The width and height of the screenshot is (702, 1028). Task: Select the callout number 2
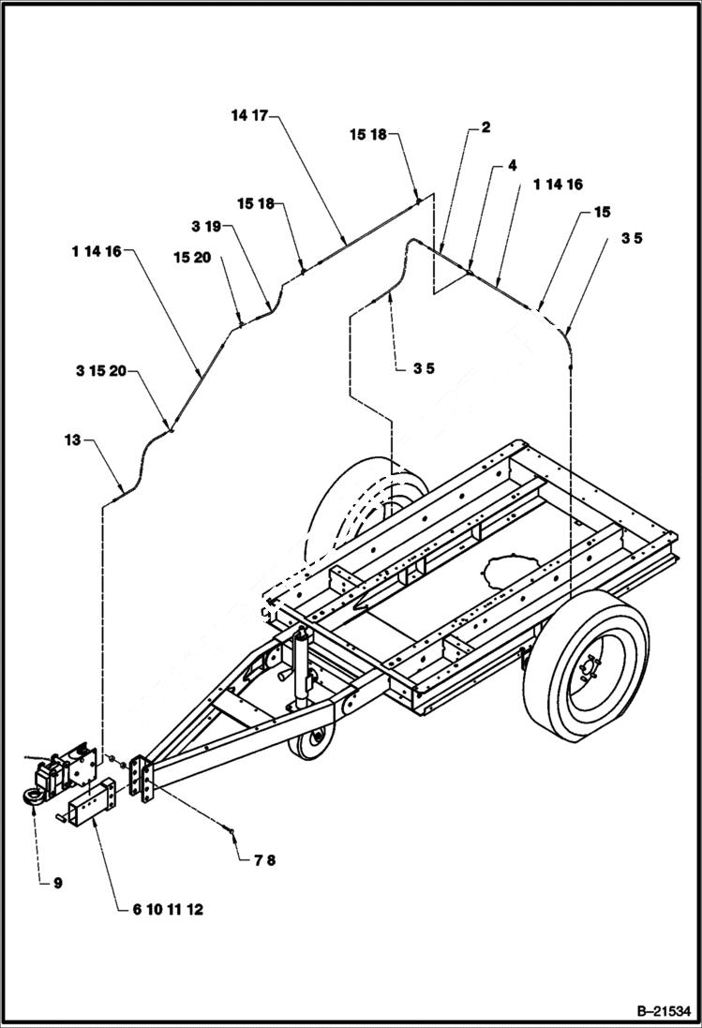485,127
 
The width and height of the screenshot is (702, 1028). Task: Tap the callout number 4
512,165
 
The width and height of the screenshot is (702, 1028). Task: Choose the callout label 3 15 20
101,372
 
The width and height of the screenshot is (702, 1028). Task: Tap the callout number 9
57,883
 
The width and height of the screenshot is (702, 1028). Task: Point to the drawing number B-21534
658,1011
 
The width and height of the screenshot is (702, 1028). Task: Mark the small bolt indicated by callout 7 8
230,827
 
